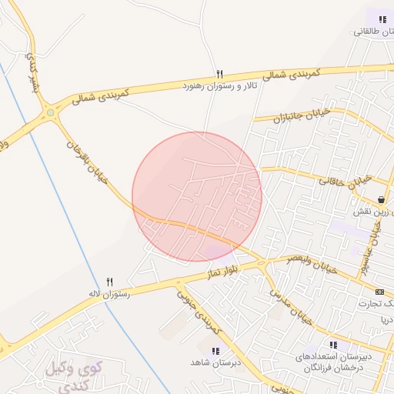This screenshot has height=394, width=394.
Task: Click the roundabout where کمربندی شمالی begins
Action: click(x=51, y=112)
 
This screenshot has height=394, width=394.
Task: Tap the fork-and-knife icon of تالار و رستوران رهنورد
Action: click(x=219, y=75)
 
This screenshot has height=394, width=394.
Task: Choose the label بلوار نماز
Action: click(x=222, y=270)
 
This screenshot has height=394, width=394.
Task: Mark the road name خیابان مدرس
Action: click(x=291, y=305)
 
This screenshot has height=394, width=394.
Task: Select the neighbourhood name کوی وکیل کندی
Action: click(x=74, y=372)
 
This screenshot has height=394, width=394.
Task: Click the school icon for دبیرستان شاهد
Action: click(x=215, y=351)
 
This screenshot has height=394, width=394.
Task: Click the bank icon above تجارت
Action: click(x=380, y=292)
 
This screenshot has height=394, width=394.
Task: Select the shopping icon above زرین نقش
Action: click(x=381, y=199)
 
